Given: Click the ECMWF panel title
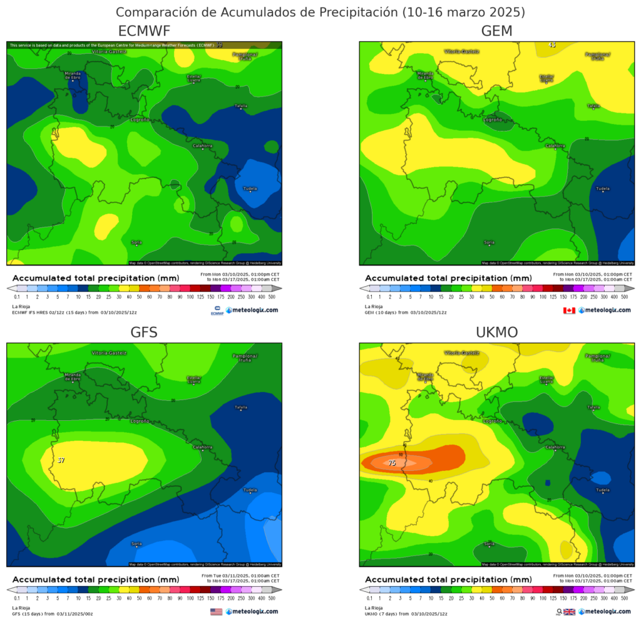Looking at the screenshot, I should [x=144, y=32].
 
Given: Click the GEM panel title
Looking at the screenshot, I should [x=496, y=32].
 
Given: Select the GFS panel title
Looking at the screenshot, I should [x=144, y=333].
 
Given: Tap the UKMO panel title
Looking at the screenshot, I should [x=496, y=333].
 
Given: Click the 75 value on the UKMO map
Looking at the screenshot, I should [x=392, y=463].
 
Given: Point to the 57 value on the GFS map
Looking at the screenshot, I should [x=61, y=460].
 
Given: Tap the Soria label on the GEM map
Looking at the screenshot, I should [x=490, y=242].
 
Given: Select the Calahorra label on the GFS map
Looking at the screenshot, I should [x=202, y=447].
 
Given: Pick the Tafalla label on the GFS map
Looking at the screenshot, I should [x=241, y=408].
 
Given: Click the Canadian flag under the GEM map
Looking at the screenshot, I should [x=569, y=310].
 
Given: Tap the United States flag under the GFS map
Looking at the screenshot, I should [x=217, y=611].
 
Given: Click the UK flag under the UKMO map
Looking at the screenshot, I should [x=569, y=611].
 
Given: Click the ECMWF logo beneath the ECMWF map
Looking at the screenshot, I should [x=217, y=310].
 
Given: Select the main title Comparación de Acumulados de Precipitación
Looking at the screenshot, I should [x=320, y=12].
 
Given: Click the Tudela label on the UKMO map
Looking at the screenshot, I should [x=603, y=490].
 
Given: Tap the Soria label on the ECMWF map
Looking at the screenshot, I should [x=136, y=242].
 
